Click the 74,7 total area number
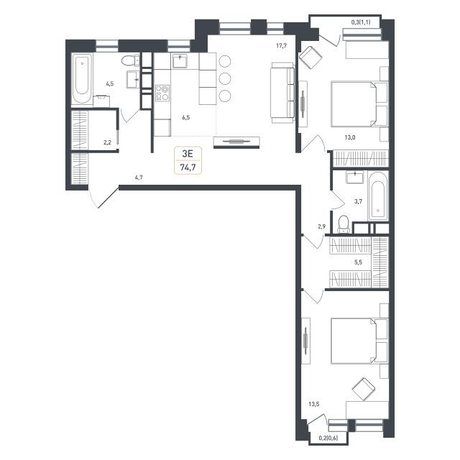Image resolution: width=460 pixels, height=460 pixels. [188, 167]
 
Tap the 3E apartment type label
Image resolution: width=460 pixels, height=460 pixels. [188, 153]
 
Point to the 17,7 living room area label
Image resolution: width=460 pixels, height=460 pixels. [281, 45]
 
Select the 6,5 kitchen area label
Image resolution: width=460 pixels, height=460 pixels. [186, 118]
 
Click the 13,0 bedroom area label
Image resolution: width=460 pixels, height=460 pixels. [350, 137]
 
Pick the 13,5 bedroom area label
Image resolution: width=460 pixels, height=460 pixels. [313, 404]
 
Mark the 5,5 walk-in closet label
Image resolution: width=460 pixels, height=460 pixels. [358, 262]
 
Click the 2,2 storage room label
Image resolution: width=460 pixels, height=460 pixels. [107, 143]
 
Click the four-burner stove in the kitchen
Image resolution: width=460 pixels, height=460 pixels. [162, 93]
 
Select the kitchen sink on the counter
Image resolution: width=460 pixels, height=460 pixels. [179, 60]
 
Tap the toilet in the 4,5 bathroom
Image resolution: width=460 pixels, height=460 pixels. [131, 60]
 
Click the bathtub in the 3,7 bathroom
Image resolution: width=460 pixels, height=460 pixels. [378, 195]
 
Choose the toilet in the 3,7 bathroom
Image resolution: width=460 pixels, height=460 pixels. [344, 225]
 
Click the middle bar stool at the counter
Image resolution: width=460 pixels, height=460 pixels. [225, 78]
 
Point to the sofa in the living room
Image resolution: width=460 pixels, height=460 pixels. [282, 93]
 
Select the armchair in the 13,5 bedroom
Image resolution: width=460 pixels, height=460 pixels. [364, 389]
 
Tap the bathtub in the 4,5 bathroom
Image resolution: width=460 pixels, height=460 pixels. [82, 78]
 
